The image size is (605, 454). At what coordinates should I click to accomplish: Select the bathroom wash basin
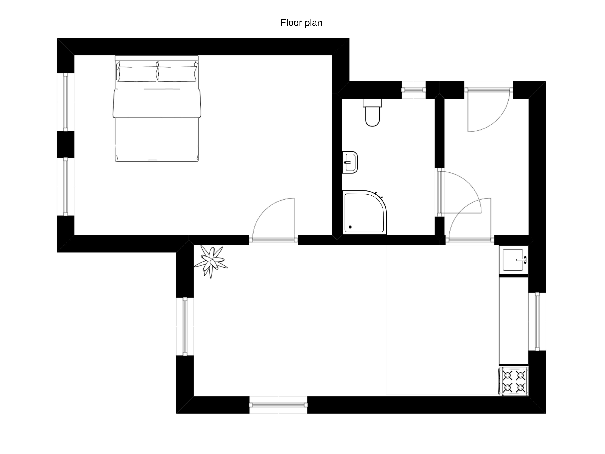coord(350,162)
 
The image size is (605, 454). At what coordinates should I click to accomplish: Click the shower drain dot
coord(350,227)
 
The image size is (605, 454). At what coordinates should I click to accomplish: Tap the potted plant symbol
coord(211,261)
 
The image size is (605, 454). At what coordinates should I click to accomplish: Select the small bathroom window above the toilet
coord(414,90)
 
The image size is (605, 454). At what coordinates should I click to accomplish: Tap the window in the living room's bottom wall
coord(278,405)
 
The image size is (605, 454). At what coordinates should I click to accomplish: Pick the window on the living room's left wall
coord(185,326)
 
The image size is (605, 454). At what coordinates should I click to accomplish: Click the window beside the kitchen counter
coord(537,322)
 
